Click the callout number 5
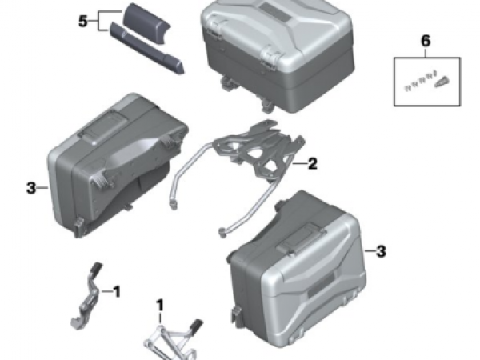(x=83, y=22)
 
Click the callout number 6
(x=426, y=41)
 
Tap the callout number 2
(x=312, y=164)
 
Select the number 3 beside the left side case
(x=31, y=188)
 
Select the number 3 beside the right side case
(x=381, y=251)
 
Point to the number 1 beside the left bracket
(x=117, y=291)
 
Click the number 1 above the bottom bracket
(x=160, y=306)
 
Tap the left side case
(x=116, y=166)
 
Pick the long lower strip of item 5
(x=147, y=49)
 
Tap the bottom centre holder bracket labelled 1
(x=171, y=340)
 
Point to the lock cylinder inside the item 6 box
(x=441, y=82)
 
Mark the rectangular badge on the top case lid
(x=275, y=12)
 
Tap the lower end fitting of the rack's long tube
(x=223, y=232)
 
